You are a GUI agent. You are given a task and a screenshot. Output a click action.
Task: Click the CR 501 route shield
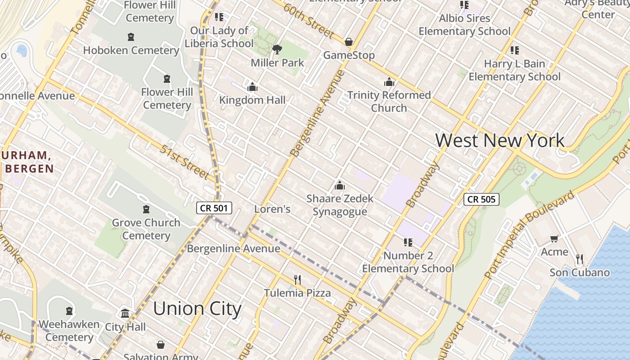tap(214, 208)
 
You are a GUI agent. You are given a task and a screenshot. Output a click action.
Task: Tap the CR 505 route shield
tap(481, 199)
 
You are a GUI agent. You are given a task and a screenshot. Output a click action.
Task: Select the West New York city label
tap(499, 140)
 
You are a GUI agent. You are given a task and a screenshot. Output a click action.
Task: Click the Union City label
tap(197, 309)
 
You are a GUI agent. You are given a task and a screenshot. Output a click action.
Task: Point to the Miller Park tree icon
tap(277, 49)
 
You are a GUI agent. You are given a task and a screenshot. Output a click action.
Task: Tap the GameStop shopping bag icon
tap(349, 42)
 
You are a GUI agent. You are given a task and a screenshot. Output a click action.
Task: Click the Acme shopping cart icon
tap(554, 238)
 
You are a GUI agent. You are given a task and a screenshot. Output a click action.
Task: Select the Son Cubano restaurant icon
tap(580, 259)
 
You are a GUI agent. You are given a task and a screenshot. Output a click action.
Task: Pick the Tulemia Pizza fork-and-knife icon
tap(297, 280)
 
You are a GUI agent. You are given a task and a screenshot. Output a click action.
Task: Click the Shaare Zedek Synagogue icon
tap(340, 185)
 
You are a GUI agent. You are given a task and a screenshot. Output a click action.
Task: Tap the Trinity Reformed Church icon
tap(389, 82)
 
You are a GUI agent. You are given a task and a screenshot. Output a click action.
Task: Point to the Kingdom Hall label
tap(252, 100)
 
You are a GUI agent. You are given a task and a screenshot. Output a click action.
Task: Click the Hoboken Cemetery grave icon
tap(131, 37)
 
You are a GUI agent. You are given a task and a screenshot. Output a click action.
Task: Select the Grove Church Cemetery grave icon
tap(146, 209)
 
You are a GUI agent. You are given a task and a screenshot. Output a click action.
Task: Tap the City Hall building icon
tap(125, 313)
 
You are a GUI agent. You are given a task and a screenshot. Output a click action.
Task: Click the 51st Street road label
tap(184, 162)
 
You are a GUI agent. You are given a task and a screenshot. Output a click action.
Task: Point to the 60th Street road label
tap(309, 21)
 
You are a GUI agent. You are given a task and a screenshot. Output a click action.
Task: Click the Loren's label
tap(272, 209)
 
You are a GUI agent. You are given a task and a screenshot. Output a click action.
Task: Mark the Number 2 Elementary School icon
tap(408, 243)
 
